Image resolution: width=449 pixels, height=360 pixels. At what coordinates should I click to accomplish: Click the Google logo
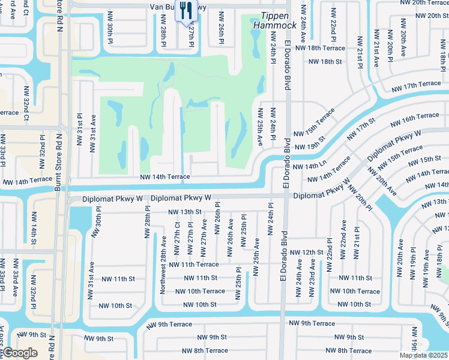[x=19, y=353]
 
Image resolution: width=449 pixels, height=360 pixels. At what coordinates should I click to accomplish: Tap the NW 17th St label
[x=364, y=127]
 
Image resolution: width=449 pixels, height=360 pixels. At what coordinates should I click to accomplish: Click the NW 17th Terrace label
[x=415, y=87]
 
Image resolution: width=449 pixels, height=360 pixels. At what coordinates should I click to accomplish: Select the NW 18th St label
[x=325, y=61]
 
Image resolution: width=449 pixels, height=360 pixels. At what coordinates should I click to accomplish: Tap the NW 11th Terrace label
[x=194, y=264]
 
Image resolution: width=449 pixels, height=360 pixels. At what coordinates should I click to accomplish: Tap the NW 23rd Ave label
[x=312, y=278]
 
